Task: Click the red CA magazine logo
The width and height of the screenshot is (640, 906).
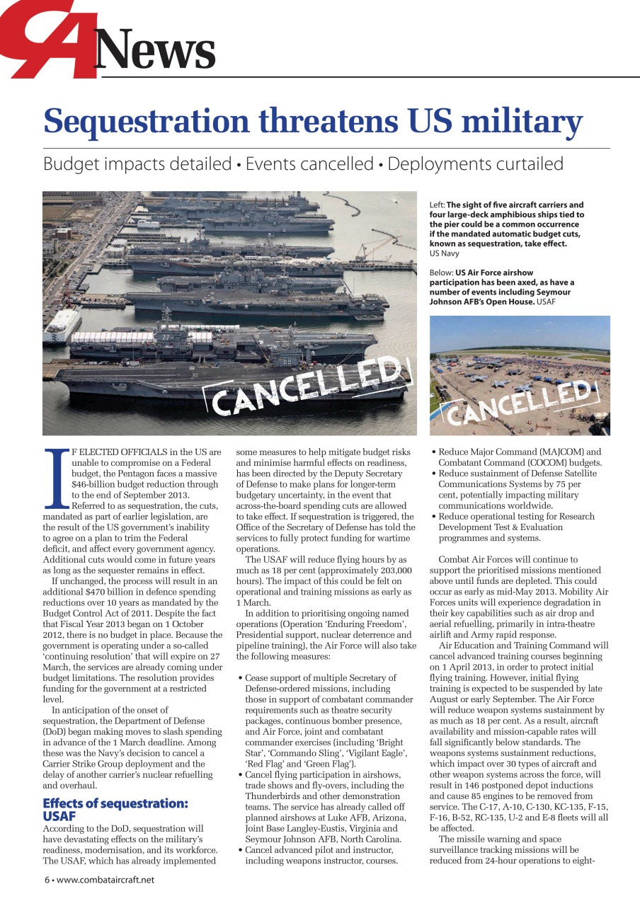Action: (50, 39)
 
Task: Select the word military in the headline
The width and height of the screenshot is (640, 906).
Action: (521, 121)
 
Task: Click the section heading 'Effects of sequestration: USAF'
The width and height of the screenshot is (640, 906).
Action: (115, 809)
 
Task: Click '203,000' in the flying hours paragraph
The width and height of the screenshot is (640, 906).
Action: (394, 570)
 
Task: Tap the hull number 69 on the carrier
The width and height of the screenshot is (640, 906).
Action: (287, 361)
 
